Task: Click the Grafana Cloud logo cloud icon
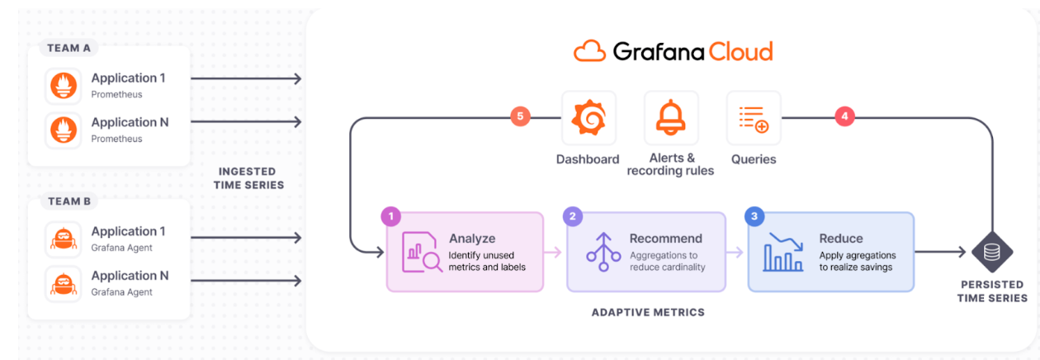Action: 590,52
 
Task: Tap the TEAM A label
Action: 69,48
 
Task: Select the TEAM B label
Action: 69,201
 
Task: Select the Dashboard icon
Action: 588,118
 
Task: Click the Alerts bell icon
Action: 670,118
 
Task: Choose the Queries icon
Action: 753,118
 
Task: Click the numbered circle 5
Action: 519,116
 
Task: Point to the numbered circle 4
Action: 844,116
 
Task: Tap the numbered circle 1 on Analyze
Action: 390,216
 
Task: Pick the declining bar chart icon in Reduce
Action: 783,252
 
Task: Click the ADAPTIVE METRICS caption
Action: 648,312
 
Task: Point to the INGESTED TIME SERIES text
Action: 248,178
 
